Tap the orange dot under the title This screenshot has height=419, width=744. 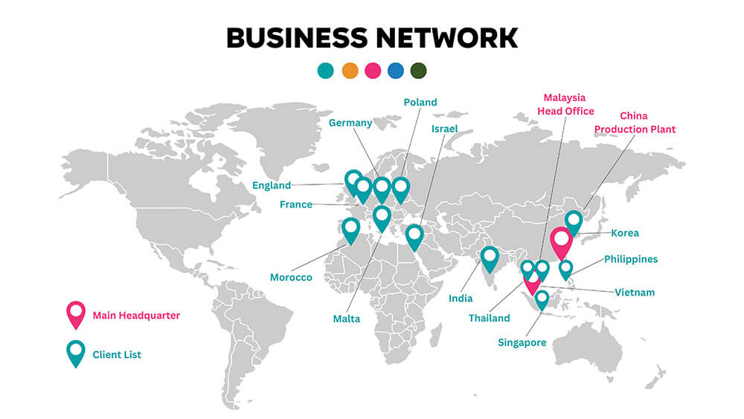tap(350, 71)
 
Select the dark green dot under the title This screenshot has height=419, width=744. tap(418, 71)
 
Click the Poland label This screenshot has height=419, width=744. tap(420, 102)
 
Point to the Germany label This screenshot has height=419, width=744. tap(350, 123)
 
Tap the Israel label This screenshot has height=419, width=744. tap(444, 129)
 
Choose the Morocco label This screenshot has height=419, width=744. tap(291, 278)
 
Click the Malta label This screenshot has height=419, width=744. tap(347, 319)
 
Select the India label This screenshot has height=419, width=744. tap(461, 298)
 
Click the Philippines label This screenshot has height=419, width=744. tap(631, 259)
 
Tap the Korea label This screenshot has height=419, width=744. tap(625, 233)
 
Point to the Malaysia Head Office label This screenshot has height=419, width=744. tap(565, 104)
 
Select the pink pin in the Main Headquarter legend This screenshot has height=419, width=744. tap(76, 313)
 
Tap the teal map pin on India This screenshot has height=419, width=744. tap(490, 258)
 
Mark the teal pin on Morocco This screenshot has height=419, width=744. tap(350, 229)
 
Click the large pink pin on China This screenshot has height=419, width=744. tap(561, 243)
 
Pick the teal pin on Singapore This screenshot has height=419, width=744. tap(542, 298)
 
